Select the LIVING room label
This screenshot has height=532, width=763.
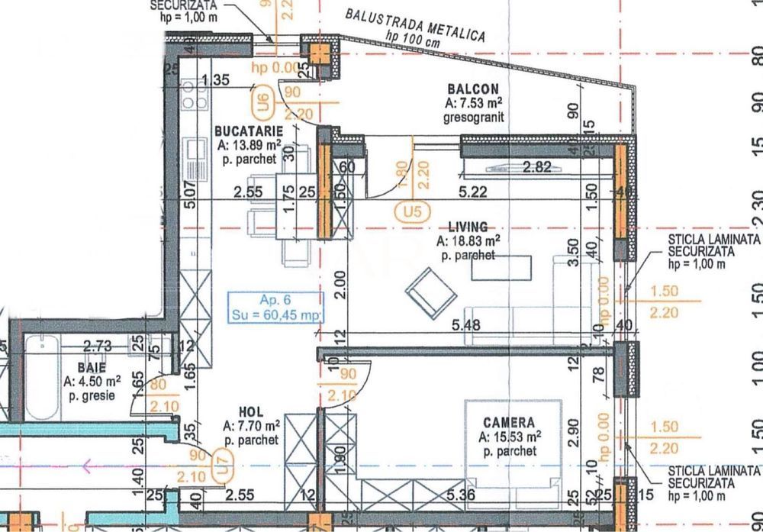[468, 227]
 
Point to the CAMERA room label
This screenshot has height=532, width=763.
[509, 422]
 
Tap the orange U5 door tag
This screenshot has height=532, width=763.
[411, 211]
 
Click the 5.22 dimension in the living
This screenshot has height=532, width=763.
[474, 193]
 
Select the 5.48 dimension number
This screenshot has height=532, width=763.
[466, 324]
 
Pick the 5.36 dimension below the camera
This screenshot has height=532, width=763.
[462, 495]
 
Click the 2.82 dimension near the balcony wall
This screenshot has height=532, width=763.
[536, 169]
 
